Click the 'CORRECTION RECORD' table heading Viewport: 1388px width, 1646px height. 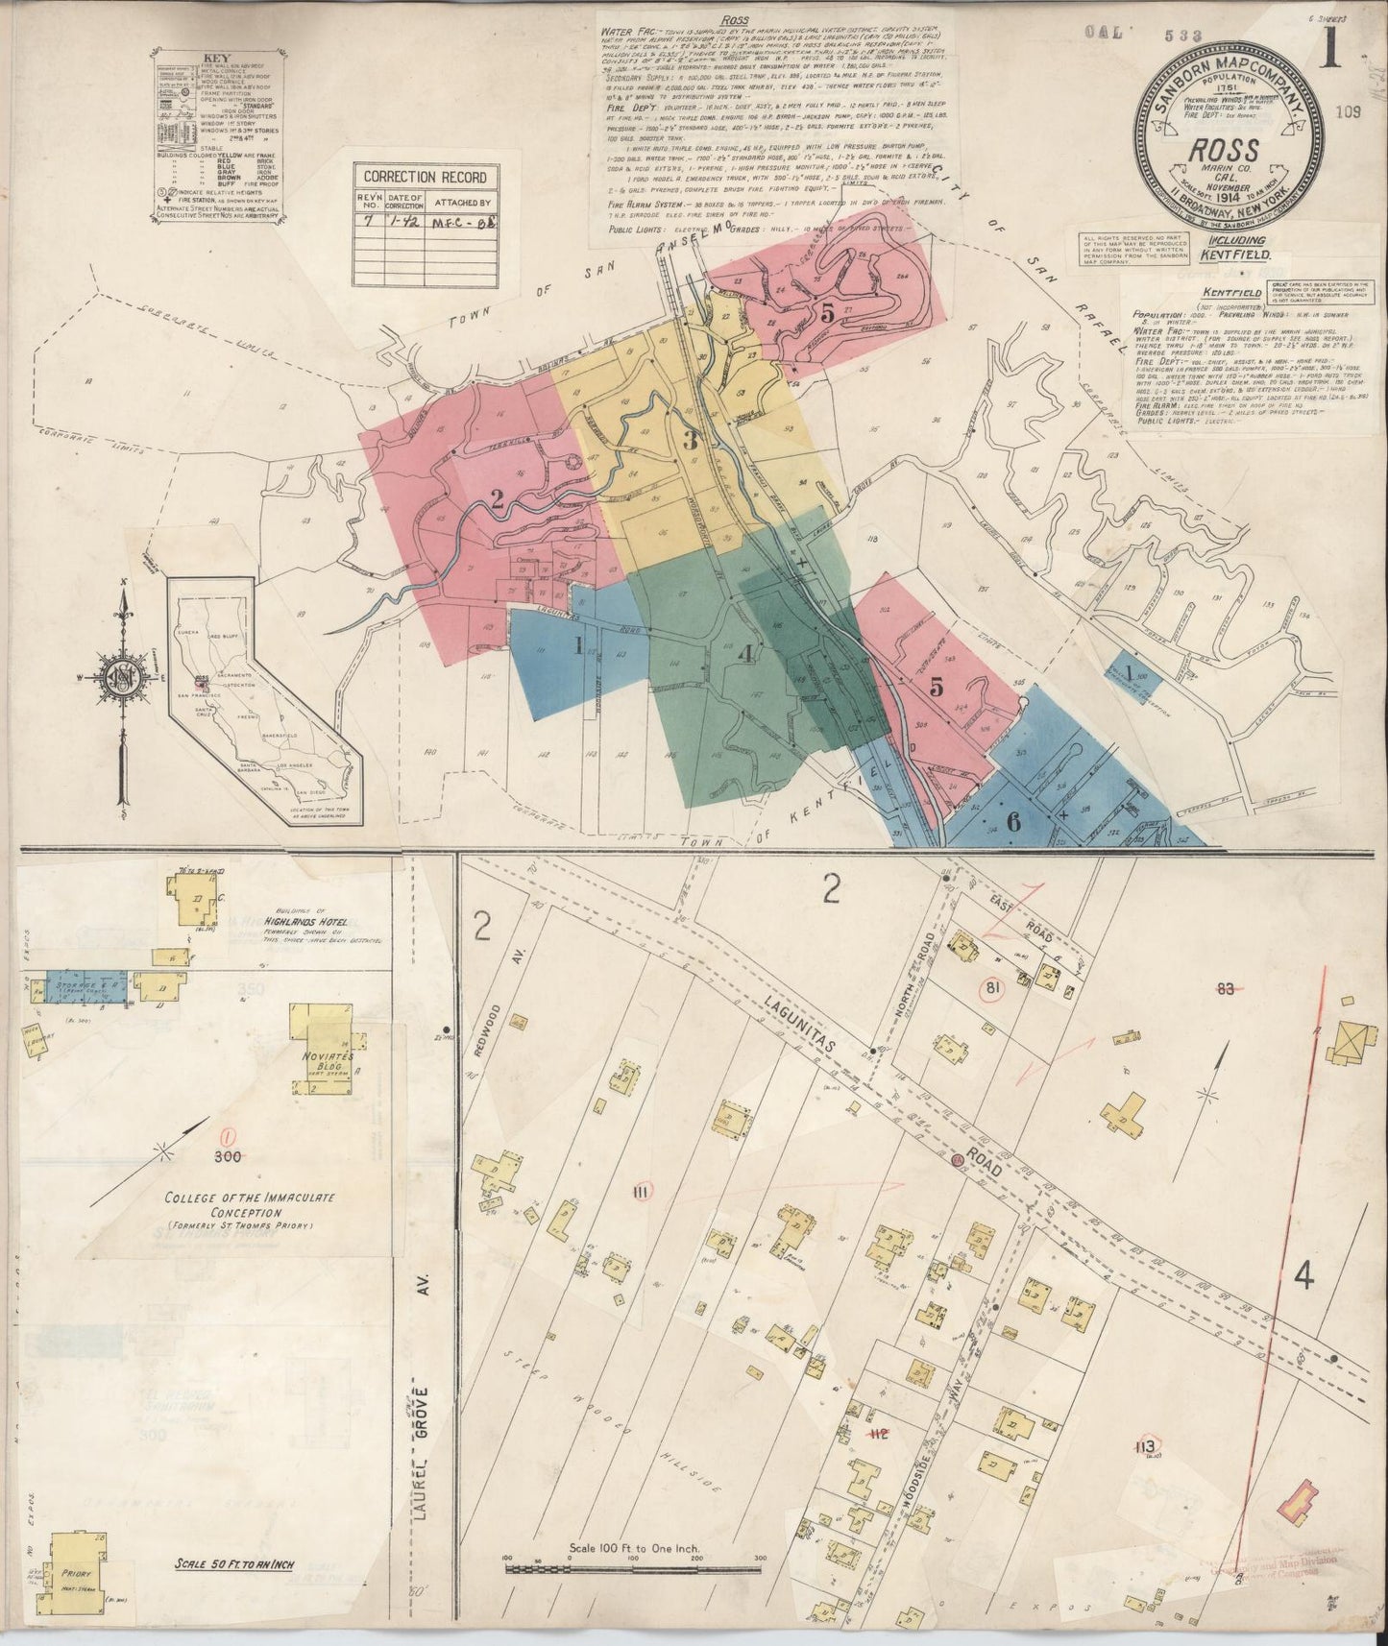pos(427,178)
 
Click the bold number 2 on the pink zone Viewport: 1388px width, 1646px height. pos(498,498)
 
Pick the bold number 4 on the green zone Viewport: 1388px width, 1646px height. pos(747,655)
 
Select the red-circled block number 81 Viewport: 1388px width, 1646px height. pos(990,988)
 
